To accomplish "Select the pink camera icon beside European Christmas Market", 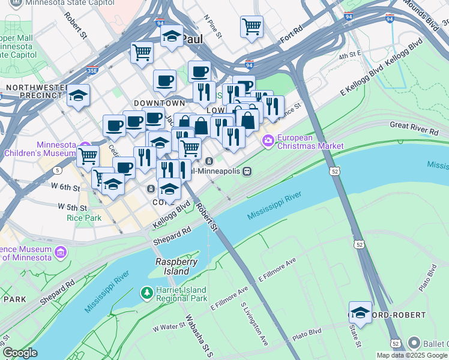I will (x=268, y=141).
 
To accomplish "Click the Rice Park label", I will (x=84, y=218).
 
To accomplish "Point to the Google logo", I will (x=19, y=353).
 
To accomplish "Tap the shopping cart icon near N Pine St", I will (x=252, y=26).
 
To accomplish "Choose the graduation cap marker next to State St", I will (x=360, y=313).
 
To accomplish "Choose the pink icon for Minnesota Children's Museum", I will (x=86, y=150).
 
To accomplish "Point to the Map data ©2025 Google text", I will (x=412, y=355).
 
